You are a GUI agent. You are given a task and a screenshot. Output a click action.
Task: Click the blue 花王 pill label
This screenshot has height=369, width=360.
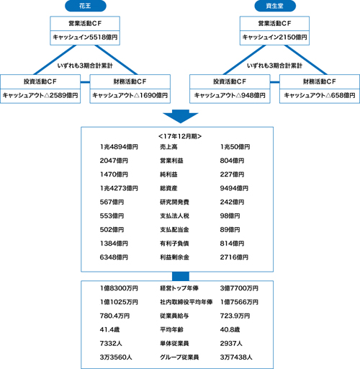(x=86, y=6)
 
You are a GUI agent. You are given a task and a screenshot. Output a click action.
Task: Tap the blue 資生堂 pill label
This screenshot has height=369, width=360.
(x=275, y=6)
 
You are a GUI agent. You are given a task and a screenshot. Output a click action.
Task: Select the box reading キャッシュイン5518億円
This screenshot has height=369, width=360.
(x=85, y=37)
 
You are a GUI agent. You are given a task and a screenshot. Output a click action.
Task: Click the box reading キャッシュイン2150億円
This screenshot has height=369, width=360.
(x=274, y=37)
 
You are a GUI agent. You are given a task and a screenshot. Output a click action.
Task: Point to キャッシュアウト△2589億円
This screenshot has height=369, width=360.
(x=40, y=96)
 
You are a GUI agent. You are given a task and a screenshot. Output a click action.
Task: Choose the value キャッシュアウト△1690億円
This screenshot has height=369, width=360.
(x=130, y=96)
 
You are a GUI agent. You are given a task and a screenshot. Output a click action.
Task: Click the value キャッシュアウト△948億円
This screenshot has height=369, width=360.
(x=230, y=96)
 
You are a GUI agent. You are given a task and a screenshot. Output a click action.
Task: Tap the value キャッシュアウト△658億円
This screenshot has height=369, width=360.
(x=320, y=96)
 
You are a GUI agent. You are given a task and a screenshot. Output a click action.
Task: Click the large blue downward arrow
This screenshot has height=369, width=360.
(x=181, y=117)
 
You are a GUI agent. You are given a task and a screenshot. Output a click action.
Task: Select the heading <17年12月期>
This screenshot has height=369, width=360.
(x=180, y=136)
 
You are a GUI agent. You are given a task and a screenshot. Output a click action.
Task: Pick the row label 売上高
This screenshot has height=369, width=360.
(x=168, y=147)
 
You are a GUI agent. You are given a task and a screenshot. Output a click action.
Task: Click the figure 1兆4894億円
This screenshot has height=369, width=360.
(x=119, y=147)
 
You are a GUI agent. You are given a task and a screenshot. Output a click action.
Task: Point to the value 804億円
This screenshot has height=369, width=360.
(x=232, y=161)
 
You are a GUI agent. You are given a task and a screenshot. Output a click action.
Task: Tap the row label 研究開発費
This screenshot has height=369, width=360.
(x=174, y=202)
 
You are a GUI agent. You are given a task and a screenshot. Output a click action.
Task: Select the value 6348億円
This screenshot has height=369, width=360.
(x=114, y=257)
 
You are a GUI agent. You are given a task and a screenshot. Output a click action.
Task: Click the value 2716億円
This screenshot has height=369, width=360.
(x=234, y=257)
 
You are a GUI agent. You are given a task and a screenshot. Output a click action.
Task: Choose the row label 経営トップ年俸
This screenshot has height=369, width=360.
(x=179, y=288)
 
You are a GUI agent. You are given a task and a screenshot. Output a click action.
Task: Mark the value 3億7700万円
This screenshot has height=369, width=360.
(x=239, y=288)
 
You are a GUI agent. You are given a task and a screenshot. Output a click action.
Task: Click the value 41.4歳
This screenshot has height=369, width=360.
(x=109, y=329)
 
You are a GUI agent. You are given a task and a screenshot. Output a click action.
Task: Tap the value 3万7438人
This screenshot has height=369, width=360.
(x=236, y=357)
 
